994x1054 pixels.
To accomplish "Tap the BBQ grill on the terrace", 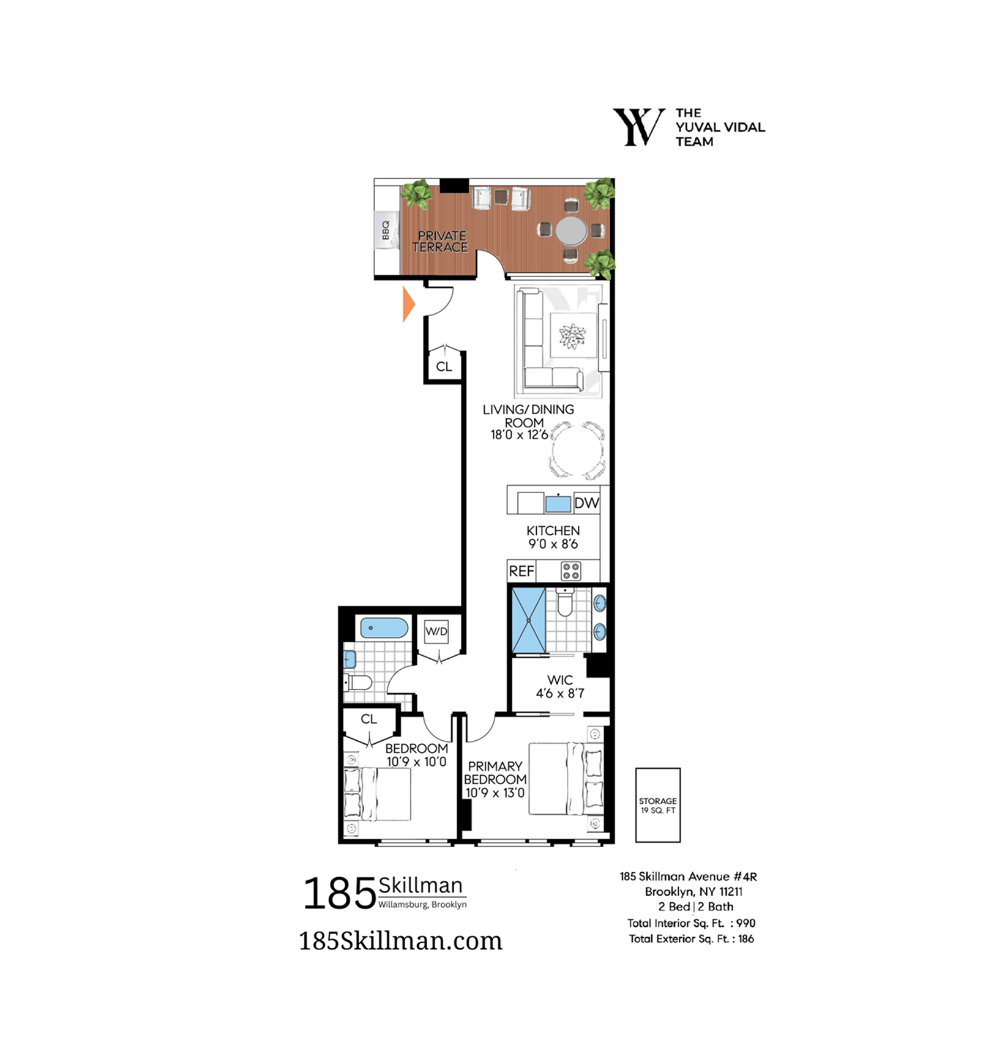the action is (x=386, y=230).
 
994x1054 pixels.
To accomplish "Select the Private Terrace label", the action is (x=441, y=242).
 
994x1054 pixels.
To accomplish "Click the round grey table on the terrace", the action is (x=571, y=231).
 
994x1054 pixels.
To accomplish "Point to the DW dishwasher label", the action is (x=586, y=503).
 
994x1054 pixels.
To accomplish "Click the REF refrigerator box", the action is (x=521, y=571).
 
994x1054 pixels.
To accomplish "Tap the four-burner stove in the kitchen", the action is (x=571, y=571).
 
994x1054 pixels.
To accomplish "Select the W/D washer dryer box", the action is (x=436, y=631).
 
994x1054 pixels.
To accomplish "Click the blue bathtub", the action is (x=384, y=628).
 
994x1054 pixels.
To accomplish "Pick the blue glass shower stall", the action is (x=528, y=620).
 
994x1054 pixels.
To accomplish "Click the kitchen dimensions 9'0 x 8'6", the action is (x=553, y=544).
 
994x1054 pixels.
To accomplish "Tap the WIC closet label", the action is (x=560, y=680).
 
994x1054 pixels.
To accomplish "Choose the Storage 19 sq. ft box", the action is (x=658, y=805).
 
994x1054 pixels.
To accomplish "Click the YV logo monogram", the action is (x=639, y=127).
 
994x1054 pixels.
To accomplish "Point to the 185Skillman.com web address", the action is (x=400, y=941).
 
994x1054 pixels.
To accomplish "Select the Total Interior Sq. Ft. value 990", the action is (x=746, y=923).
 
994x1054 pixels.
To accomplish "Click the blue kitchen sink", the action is (x=558, y=503).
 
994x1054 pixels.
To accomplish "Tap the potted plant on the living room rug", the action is (x=572, y=336).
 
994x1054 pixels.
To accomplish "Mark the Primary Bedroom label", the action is (x=495, y=773).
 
